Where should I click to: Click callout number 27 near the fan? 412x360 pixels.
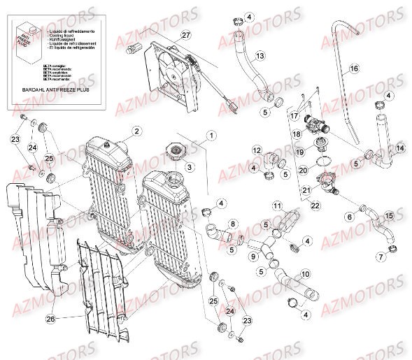point(185,35)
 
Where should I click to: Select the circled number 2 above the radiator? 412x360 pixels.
point(137,131)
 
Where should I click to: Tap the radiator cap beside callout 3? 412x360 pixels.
point(172,152)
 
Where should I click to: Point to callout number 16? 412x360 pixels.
point(354,69)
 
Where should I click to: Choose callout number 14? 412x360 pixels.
point(400,149)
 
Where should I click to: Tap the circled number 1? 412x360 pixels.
point(209,134)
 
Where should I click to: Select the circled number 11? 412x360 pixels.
point(278,206)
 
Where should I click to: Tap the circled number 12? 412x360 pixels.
point(257,150)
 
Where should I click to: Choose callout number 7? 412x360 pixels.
point(381,257)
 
